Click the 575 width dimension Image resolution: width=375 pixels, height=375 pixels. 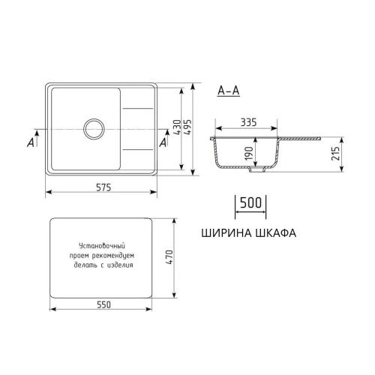click(x=102, y=187)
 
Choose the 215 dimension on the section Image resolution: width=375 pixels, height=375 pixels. click(x=337, y=153)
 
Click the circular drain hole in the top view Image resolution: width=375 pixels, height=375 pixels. click(x=95, y=127)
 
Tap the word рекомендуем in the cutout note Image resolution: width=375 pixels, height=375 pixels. click(x=117, y=255)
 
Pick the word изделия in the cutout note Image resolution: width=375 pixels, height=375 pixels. click(x=121, y=265)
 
